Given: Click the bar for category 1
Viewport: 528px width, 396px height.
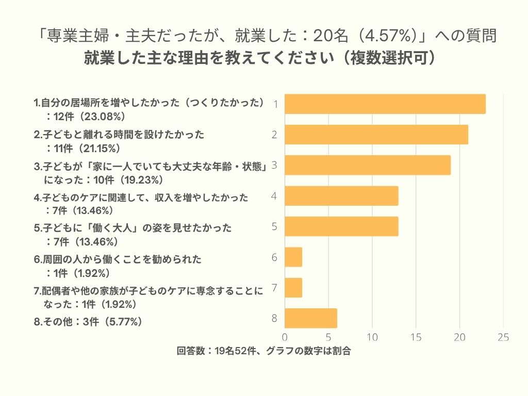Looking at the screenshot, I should click(385, 104).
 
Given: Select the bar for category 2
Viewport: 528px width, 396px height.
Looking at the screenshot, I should click(376, 135).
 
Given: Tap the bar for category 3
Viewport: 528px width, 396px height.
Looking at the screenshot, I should click(368, 165).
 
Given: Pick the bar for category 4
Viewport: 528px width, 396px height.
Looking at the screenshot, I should click(341, 196).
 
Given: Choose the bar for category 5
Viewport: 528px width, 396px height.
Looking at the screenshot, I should click(341, 226).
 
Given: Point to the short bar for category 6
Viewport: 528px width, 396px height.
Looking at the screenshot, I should click(293, 257).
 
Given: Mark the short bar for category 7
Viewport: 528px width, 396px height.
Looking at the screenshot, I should click(293, 287).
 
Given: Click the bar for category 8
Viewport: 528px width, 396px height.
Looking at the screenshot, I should click(311, 318).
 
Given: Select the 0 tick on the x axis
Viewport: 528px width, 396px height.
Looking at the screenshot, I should click(285, 337).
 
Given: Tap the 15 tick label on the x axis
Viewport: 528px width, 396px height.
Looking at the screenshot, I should click(416, 337).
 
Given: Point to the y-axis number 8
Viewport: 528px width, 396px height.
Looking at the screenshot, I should click(275, 318).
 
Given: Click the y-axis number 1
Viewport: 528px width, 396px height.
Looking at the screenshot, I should click(276, 105).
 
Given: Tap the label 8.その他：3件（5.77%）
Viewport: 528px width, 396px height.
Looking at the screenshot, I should click(88, 322).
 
